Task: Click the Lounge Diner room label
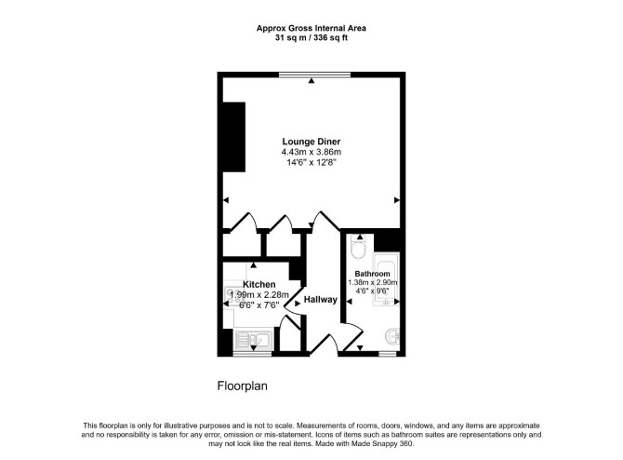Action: pos(311,142)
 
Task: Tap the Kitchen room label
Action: pos(259,285)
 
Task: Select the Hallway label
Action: pos(320,300)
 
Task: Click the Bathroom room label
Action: pos(372,274)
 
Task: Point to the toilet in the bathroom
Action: pos(359,248)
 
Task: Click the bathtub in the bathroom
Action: pos(385,279)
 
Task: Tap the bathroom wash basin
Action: pos(393,337)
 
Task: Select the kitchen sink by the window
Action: pos(254,340)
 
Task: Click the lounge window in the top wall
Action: pos(314,74)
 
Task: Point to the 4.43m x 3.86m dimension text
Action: pos(311,152)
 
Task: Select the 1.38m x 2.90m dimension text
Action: pos(373,282)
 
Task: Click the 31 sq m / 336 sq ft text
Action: pos(311,38)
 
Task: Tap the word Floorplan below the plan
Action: pos(242,386)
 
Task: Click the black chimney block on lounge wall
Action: pos(233,137)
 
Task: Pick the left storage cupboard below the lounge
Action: pos(241,245)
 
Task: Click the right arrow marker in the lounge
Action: pos(396,200)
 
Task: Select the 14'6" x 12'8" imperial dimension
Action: pos(311,162)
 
